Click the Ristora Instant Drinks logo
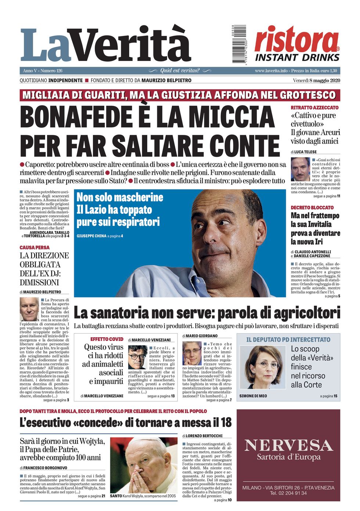point(297,44)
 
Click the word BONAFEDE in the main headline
point(76,117)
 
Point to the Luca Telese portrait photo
point(300,169)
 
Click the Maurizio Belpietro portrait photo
point(29,310)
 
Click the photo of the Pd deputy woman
point(263,367)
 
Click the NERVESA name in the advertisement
point(288,445)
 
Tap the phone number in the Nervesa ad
point(288,493)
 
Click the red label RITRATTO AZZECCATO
point(314,108)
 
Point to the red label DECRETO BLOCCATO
point(312,208)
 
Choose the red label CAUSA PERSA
point(35,248)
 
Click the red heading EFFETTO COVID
point(107,339)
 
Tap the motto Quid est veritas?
point(180,71)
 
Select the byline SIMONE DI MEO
point(253,396)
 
